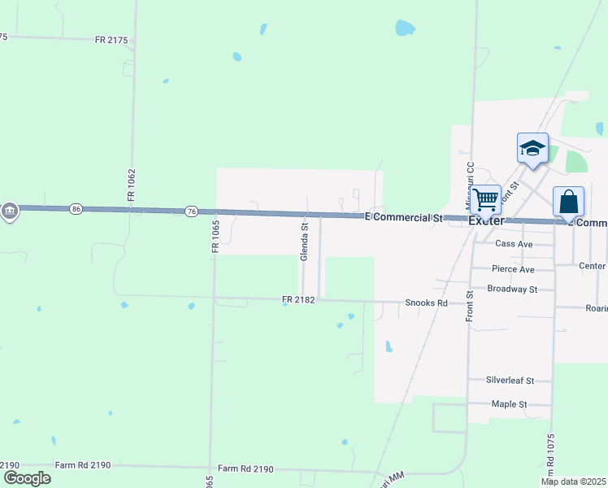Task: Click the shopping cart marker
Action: (x=486, y=198)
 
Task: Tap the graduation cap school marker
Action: (x=532, y=148)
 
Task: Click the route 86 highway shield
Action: (x=76, y=209)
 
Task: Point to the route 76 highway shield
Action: (x=191, y=211)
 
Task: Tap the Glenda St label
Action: (x=305, y=242)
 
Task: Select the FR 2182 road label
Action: (x=298, y=300)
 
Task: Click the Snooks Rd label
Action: (x=426, y=303)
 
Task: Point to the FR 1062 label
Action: (x=131, y=186)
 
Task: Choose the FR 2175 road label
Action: (x=111, y=39)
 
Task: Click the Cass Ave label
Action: (x=513, y=243)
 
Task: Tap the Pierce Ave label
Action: (x=513, y=269)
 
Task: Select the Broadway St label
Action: (x=512, y=289)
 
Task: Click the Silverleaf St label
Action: (x=510, y=380)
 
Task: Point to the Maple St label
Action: (x=510, y=403)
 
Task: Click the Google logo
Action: (x=27, y=477)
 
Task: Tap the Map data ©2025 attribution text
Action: (x=574, y=481)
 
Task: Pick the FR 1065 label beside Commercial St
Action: (x=216, y=236)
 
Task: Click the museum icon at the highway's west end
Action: (x=9, y=211)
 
